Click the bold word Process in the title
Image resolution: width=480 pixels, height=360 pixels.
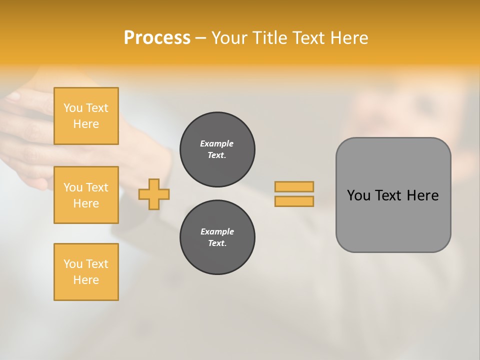pos(157,38)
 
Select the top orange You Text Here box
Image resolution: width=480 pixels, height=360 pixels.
pos(86,116)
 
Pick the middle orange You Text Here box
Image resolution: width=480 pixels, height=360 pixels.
pos(86,195)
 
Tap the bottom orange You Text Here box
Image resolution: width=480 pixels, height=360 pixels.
pos(86,272)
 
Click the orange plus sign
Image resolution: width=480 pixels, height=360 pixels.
pos(154,194)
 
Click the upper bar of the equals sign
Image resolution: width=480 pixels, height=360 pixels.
pos(294,186)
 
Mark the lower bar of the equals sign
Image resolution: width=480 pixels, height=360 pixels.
pos(294,201)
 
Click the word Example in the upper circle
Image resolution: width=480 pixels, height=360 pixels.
pos(217,143)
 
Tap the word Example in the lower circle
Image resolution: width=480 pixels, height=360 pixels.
pos(217,231)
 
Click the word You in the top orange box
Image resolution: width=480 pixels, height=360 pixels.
pos(73,108)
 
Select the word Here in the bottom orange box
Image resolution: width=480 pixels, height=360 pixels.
pos(86,280)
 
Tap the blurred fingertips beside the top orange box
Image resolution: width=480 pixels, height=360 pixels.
pos(20,100)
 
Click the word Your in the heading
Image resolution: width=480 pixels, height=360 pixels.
pos(231,38)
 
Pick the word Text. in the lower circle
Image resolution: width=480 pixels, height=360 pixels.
pos(217,243)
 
